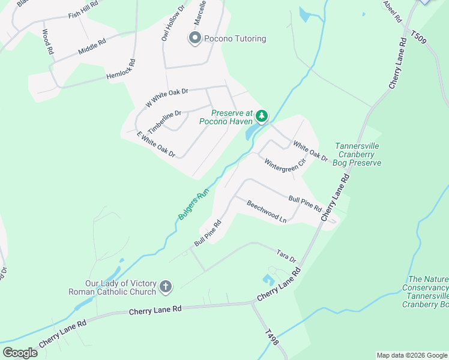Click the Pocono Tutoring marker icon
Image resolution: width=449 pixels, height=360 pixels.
click(x=194, y=39)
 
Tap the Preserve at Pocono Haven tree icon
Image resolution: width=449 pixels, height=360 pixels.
click(x=261, y=115)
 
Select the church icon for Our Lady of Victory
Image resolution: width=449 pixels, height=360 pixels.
click(x=166, y=288)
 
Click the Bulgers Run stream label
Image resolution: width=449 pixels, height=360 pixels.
click(x=193, y=204)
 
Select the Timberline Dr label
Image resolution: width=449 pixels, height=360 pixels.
click(x=164, y=122)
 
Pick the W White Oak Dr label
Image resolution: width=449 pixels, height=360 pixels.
click(x=167, y=98)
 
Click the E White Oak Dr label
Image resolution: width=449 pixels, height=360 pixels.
click(x=155, y=144)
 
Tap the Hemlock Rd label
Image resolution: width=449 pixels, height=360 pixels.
click(x=121, y=70)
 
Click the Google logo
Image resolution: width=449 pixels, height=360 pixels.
click(x=19, y=352)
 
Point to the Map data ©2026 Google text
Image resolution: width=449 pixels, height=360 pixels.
click(x=411, y=355)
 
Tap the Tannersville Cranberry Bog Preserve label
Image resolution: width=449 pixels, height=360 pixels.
click(x=358, y=154)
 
